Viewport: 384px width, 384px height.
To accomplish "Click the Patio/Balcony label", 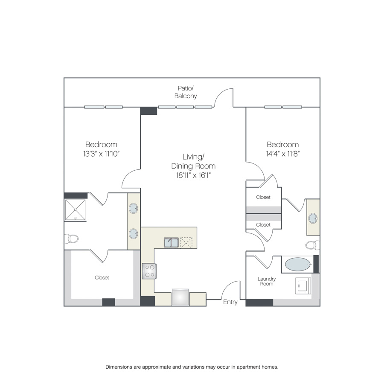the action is click(x=186, y=92).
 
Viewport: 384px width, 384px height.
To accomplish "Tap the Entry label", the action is click(x=230, y=302).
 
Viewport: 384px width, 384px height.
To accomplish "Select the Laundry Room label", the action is click(x=266, y=281).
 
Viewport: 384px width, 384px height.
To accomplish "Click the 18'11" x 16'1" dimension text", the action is click(x=193, y=175).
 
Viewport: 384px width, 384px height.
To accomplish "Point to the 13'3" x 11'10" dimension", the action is click(x=101, y=154).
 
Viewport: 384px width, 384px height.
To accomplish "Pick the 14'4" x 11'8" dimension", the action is click(x=283, y=154).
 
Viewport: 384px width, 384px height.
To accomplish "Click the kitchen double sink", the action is click(x=171, y=242).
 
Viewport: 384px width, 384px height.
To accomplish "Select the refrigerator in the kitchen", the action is click(x=180, y=297).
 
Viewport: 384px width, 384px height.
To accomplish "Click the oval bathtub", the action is click(x=298, y=264).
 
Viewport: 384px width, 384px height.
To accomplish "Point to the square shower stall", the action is click(x=76, y=209).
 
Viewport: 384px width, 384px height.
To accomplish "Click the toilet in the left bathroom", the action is click(x=71, y=238).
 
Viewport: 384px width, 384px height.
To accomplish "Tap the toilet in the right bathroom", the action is click(x=313, y=245).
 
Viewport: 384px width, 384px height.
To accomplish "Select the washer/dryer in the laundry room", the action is click(x=303, y=285).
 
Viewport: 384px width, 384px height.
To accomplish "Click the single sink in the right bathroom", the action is click(x=313, y=218).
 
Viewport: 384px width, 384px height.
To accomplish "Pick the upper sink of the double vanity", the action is click(x=134, y=208).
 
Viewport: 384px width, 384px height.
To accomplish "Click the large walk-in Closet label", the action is click(x=102, y=277).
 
